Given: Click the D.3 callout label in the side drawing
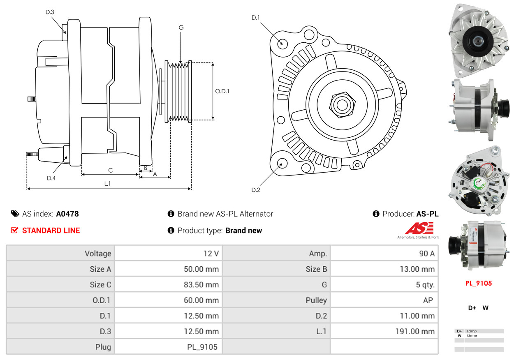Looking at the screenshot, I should pyautogui.click(x=50, y=12).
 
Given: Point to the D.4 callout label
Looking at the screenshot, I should pyautogui.click(x=51, y=178).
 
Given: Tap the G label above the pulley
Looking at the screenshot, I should pyautogui.click(x=181, y=28).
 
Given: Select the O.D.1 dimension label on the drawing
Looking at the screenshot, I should pyautogui.click(x=222, y=91).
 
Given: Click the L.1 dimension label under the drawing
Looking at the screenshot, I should pyautogui.click(x=107, y=184).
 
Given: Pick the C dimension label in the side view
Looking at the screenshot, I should pyautogui.click(x=110, y=170).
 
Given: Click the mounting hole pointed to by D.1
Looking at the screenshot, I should pyautogui.click(x=282, y=43).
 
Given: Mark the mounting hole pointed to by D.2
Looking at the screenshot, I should pyautogui.click(x=282, y=163).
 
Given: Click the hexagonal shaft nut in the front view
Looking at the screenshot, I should pyautogui.click(x=341, y=104).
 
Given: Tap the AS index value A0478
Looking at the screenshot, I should pyautogui.click(x=67, y=214).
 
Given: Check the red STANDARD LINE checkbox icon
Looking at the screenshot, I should pyautogui.click(x=15, y=230).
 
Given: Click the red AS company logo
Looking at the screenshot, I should pyautogui.click(x=419, y=229).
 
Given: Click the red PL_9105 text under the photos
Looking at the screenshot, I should pyautogui.click(x=478, y=283).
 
